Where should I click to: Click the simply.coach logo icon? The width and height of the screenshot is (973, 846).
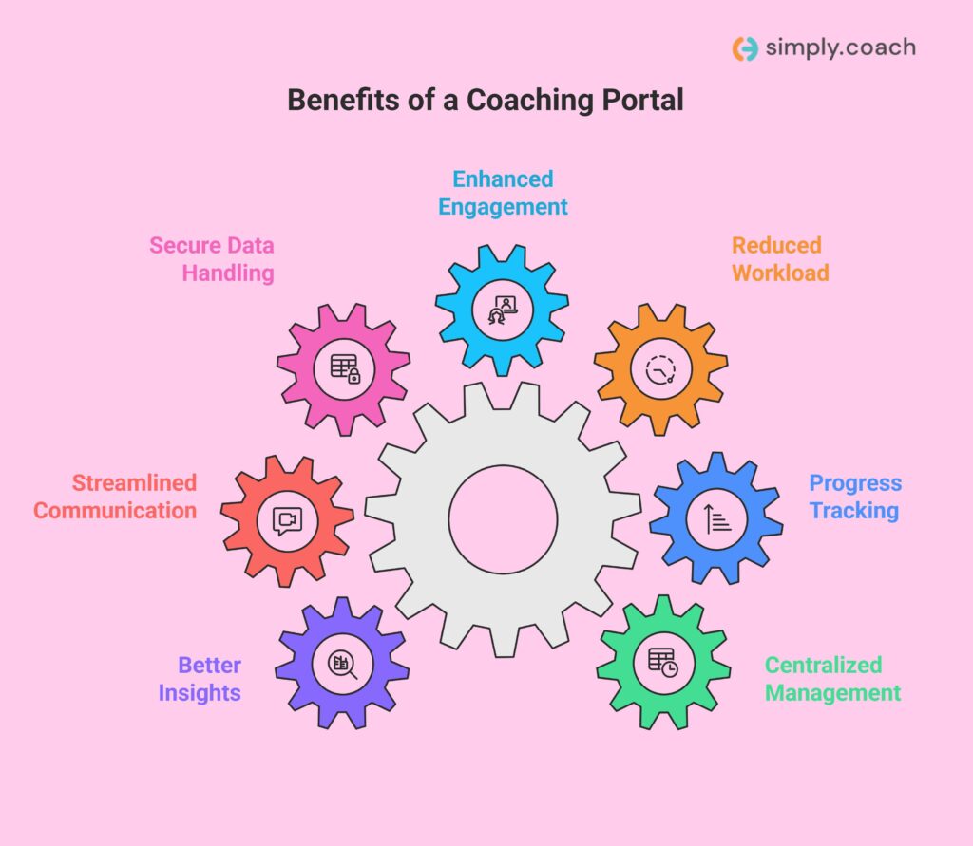(x=745, y=48)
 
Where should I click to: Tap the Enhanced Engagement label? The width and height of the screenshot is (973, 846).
(x=503, y=193)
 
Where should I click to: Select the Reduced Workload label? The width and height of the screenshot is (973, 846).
(x=780, y=259)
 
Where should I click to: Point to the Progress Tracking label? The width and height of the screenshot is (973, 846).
(x=854, y=497)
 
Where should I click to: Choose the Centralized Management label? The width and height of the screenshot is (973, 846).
(x=832, y=679)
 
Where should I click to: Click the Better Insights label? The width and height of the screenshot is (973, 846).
(x=200, y=679)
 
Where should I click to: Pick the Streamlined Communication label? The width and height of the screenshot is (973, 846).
(x=115, y=497)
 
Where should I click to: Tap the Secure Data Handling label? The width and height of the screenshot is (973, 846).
(x=211, y=259)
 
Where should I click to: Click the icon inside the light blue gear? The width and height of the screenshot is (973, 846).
(x=502, y=309)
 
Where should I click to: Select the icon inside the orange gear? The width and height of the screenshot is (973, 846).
(x=660, y=368)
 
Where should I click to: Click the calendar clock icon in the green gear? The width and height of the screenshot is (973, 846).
(x=663, y=661)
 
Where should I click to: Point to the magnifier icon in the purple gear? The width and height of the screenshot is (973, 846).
(x=342, y=664)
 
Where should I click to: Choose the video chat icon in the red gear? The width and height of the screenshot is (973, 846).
(x=287, y=519)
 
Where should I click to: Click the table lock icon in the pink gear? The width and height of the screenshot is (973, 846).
(x=344, y=367)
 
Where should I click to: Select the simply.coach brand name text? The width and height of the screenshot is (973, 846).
(x=840, y=48)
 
